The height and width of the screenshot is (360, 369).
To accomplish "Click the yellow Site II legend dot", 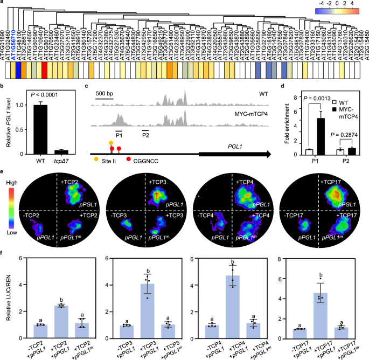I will point(96,161).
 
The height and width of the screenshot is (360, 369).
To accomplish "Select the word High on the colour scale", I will point(10,183).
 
